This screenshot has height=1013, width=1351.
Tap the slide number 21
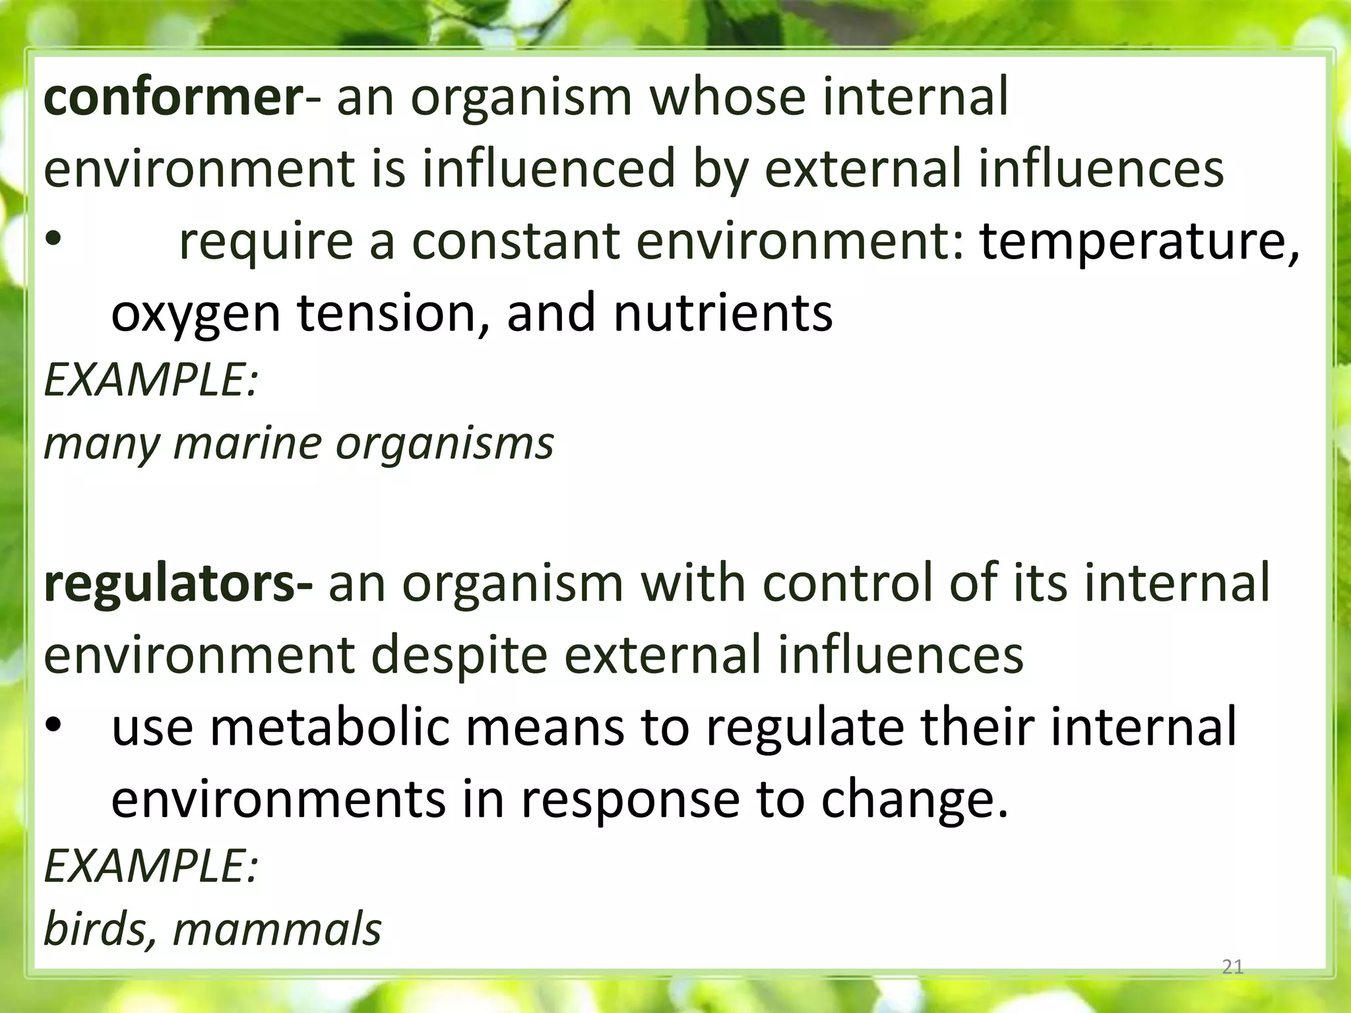pyautogui.click(x=1232, y=967)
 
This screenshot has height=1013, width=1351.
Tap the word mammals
pyautogui.click(x=277, y=930)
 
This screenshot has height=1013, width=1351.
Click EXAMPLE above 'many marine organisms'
pyautogui.click(x=150, y=381)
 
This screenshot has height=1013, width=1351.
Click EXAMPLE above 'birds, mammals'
pyautogui.click(x=150, y=866)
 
